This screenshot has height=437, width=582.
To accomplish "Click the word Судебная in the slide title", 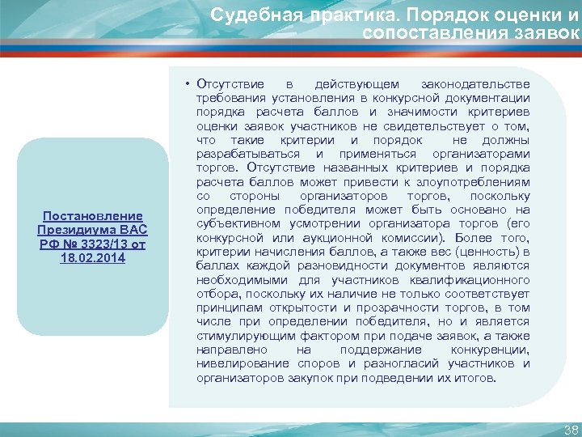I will pyautogui.click(x=244, y=15).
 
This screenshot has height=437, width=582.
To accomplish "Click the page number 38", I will pyautogui.click(x=571, y=430).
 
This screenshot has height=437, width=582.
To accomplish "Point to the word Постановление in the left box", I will pyautogui.click(x=92, y=216).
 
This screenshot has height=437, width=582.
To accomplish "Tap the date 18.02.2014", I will pyautogui.click(x=92, y=257).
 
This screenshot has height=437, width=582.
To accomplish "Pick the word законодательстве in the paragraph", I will pyautogui.click(x=476, y=84).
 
